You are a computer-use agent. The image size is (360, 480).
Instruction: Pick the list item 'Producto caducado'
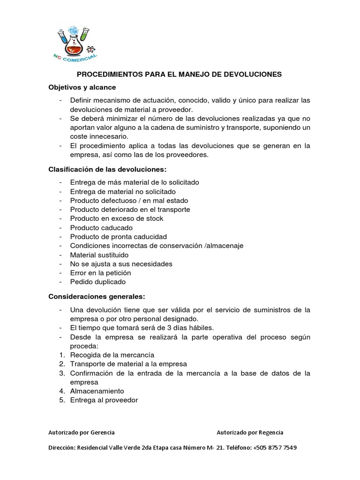pos(101,227)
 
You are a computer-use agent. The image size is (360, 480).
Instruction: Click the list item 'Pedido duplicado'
pos(97,282)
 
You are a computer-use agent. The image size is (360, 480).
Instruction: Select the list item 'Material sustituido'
pos(99,255)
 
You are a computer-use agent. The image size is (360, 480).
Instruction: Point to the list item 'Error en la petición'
pos(100,273)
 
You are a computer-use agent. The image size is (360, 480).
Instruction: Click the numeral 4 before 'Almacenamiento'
pos(61,391)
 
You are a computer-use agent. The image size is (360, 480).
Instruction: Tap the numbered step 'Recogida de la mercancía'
pos(112,355)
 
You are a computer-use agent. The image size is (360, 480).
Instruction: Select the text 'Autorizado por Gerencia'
pos(81,432)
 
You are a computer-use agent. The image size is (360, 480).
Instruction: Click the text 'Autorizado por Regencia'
pos(250,432)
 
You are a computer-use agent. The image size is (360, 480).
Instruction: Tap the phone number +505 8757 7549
pos(274,448)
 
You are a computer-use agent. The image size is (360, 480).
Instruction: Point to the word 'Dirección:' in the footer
pos(62,448)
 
